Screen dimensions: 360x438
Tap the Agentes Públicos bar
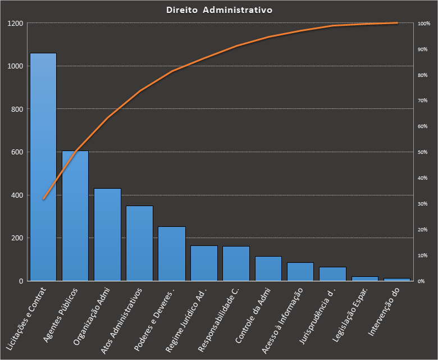click(x=75, y=216)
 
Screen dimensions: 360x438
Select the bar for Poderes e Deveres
click(x=171, y=253)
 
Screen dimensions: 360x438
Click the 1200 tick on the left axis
click(x=15, y=24)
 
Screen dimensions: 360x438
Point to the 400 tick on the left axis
click(x=17, y=195)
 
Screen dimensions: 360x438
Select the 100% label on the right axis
click(x=424, y=24)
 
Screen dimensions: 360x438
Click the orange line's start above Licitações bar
click(x=43, y=199)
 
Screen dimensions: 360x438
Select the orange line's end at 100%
click(x=396, y=23)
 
